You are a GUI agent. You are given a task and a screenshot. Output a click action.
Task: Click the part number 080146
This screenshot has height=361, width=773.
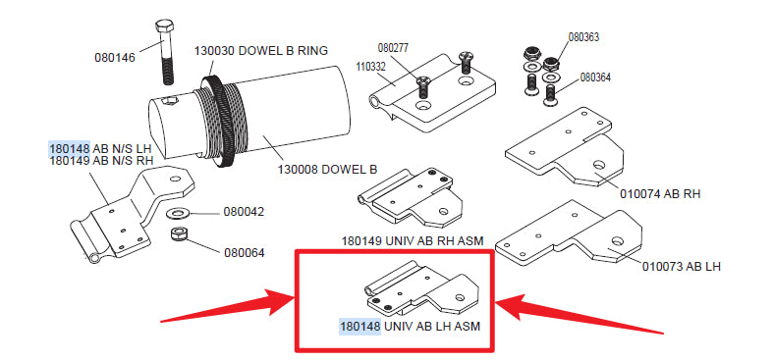tap(114, 58)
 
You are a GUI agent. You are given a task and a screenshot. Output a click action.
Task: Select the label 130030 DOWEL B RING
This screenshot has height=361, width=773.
tap(261, 51)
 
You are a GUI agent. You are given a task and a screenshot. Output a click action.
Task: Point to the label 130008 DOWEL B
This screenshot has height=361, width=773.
tap(328, 170)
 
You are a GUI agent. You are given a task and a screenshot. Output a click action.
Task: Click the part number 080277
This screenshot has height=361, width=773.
tap(394, 48)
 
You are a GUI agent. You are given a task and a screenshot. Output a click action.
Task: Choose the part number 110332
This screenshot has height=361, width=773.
tap(370, 67)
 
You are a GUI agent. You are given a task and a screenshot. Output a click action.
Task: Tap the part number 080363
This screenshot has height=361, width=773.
tap(583, 37)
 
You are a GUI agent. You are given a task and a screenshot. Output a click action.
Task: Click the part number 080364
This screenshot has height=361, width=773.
tap(595, 77)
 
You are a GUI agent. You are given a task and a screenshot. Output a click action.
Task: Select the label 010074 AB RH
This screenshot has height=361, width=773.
tap(660, 194)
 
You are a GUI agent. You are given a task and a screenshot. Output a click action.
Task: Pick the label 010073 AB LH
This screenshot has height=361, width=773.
tap(682, 267)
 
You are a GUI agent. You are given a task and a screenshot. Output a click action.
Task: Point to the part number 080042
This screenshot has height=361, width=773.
tap(244, 212)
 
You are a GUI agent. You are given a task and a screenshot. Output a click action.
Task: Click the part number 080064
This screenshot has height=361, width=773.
tap(244, 253)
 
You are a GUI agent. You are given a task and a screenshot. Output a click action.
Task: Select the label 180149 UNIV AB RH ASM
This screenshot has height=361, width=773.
tap(413, 241)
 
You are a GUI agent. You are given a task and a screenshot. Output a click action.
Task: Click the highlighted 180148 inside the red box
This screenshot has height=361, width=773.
tap(359, 326)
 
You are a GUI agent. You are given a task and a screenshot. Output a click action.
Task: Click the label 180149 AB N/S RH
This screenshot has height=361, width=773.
tap(101, 161)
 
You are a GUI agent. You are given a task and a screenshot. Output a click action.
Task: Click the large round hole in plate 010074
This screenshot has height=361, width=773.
tap(599, 164)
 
